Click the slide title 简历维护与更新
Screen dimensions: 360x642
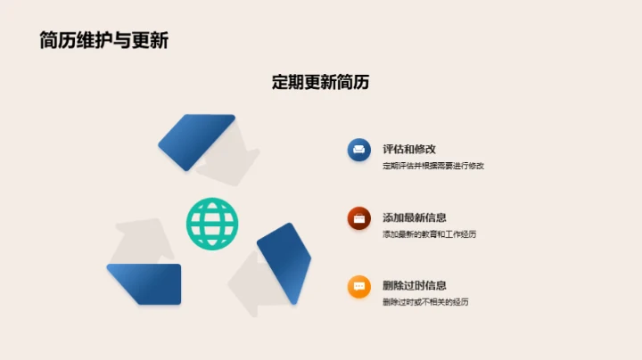[103, 40]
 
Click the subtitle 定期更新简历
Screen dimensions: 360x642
[320, 82]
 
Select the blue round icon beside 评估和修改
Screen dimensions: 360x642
[359, 150]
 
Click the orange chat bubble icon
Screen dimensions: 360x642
[359, 286]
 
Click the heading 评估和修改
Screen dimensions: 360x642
[408, 149]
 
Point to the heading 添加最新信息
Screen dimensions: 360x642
[414, 217]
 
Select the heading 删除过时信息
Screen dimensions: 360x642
[414, 285]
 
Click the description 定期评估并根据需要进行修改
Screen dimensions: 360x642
[432, 166]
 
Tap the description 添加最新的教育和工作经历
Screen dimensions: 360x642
[429, 233]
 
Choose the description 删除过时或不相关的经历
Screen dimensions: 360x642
[425, 302]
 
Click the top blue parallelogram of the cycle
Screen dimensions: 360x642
[196, 141]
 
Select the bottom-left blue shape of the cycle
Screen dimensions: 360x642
[144, 283]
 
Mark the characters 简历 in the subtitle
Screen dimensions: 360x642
[352, 82]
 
